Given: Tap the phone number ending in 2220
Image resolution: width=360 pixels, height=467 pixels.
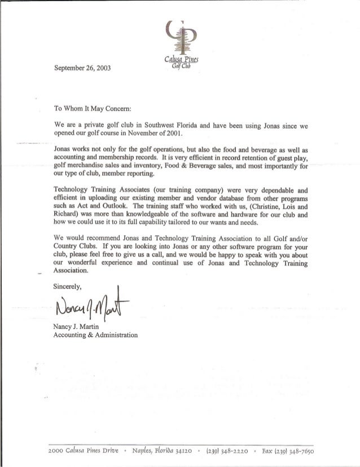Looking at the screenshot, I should (x=239, y=451).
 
